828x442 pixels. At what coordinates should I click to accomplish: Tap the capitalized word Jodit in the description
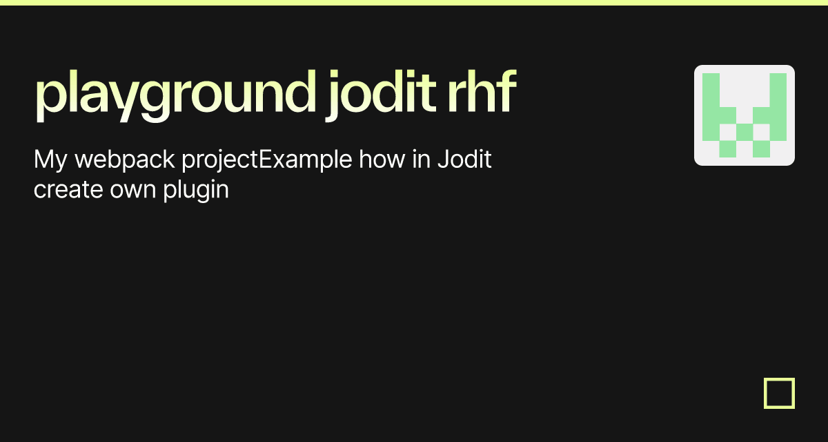[x=465, y=160]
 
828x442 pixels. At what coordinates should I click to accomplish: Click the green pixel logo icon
[x=745, y=115]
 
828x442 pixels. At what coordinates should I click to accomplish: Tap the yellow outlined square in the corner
[x=780, y=394]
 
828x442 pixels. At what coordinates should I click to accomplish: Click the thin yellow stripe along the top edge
[x=414, y=3]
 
